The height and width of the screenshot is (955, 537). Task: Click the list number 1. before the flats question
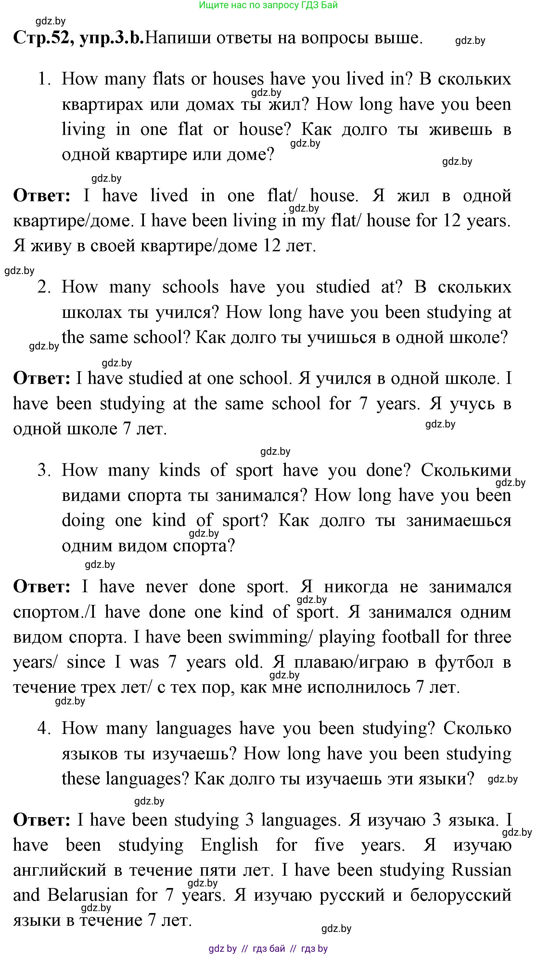[x=45, y=79]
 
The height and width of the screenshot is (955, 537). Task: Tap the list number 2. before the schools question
[x=44, y=287]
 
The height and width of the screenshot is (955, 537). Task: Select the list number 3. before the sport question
[x=44, y=470]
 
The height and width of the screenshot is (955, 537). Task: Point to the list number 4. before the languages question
[x=44, y=728]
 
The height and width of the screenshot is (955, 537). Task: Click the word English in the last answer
[x=229, y=845]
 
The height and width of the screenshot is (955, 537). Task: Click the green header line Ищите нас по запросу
[x=268, y=5]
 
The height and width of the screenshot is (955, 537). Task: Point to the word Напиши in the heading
[x=177, y=38]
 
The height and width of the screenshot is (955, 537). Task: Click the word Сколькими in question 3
[x=466, y=470]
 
